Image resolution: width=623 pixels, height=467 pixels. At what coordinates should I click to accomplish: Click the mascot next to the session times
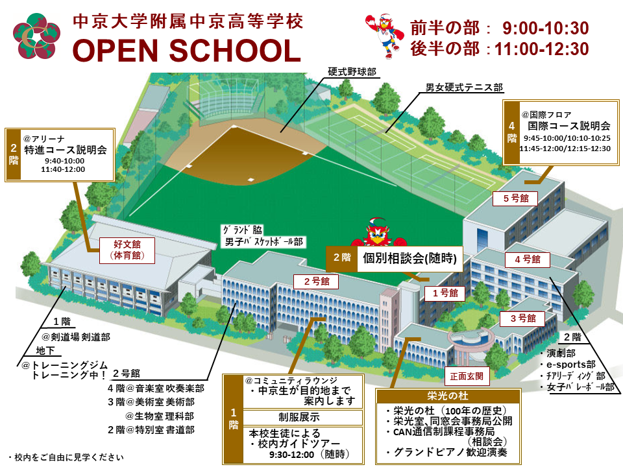384,35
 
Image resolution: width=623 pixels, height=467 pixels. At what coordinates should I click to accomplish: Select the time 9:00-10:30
545,28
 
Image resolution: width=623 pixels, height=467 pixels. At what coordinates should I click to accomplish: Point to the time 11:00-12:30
541,49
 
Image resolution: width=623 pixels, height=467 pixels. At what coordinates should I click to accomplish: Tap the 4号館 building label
528,259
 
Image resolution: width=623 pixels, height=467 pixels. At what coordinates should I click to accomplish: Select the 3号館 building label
522,318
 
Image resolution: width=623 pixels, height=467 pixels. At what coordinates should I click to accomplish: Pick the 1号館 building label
445,293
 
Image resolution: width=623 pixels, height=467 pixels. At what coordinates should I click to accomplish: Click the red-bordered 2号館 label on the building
312,281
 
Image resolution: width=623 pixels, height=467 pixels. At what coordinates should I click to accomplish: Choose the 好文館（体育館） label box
127,250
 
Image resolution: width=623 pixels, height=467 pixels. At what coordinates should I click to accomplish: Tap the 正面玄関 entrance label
466,376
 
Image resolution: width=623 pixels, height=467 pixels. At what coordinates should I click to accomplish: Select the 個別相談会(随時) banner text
409,259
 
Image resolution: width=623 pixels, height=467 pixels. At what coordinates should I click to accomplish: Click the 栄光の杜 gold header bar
448,395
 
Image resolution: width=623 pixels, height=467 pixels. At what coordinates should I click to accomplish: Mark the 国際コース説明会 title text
568,126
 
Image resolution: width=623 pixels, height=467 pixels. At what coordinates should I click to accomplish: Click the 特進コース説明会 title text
66,150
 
